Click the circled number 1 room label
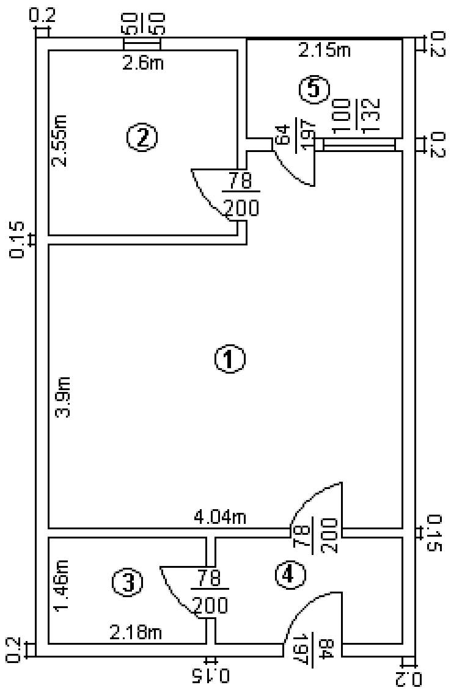point(230,360)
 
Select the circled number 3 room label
point(128,582)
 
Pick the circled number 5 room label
point(313,90)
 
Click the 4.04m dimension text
point(219,518)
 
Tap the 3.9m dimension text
point(64,397)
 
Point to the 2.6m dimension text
point(143,62)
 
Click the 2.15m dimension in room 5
point(324,51)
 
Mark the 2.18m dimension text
point(136,633)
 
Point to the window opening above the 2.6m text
point(142,45)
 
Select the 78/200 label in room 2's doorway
point(241,194)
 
